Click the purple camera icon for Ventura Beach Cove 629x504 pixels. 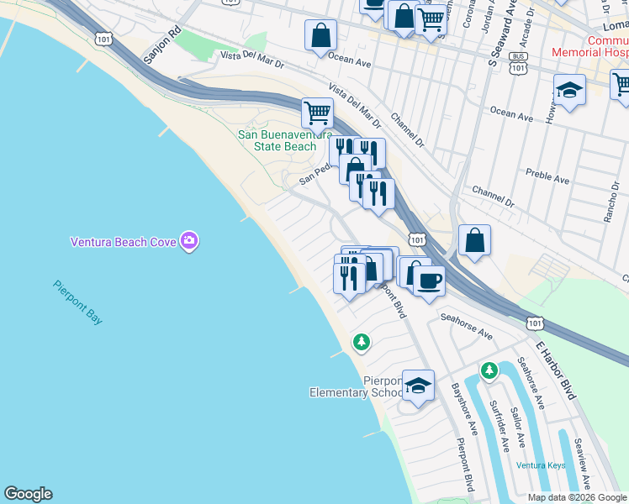pos(189,242)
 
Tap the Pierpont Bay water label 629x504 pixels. pos(78,302)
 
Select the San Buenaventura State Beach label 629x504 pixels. pos(277,140)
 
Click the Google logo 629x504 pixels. pos(28,494)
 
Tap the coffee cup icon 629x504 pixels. pos(430,280)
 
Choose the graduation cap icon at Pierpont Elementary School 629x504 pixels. pos(418,386)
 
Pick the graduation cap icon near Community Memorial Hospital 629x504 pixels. pos(569,90)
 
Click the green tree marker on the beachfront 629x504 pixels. pos(362,342)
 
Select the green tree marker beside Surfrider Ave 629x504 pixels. pos(489,370)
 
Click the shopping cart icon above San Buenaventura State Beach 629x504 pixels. pos(318,111)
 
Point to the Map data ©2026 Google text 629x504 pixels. pos(577,496)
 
